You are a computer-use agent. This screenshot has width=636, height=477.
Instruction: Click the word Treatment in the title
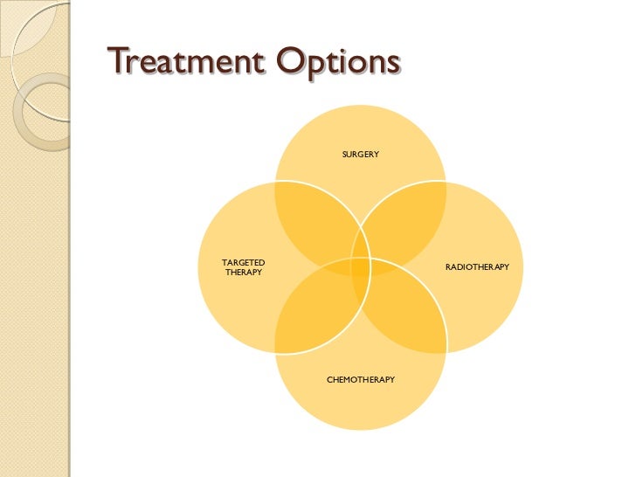click(176, 65)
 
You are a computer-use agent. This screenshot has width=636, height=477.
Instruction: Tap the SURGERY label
click(360, 155)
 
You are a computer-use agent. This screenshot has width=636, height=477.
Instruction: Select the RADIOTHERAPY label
click(477, 266)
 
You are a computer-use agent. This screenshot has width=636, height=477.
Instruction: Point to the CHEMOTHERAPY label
click(360, 380)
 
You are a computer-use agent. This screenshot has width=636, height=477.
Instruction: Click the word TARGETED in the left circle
click(244, 262)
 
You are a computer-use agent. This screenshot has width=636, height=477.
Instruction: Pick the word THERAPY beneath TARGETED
click(244, 273)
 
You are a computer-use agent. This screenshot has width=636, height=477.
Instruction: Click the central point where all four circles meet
click(361, 266)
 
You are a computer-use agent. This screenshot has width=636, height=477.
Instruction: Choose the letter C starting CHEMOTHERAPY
click(329, 380)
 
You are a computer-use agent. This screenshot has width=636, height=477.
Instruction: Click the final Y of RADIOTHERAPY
click(506, 266)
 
